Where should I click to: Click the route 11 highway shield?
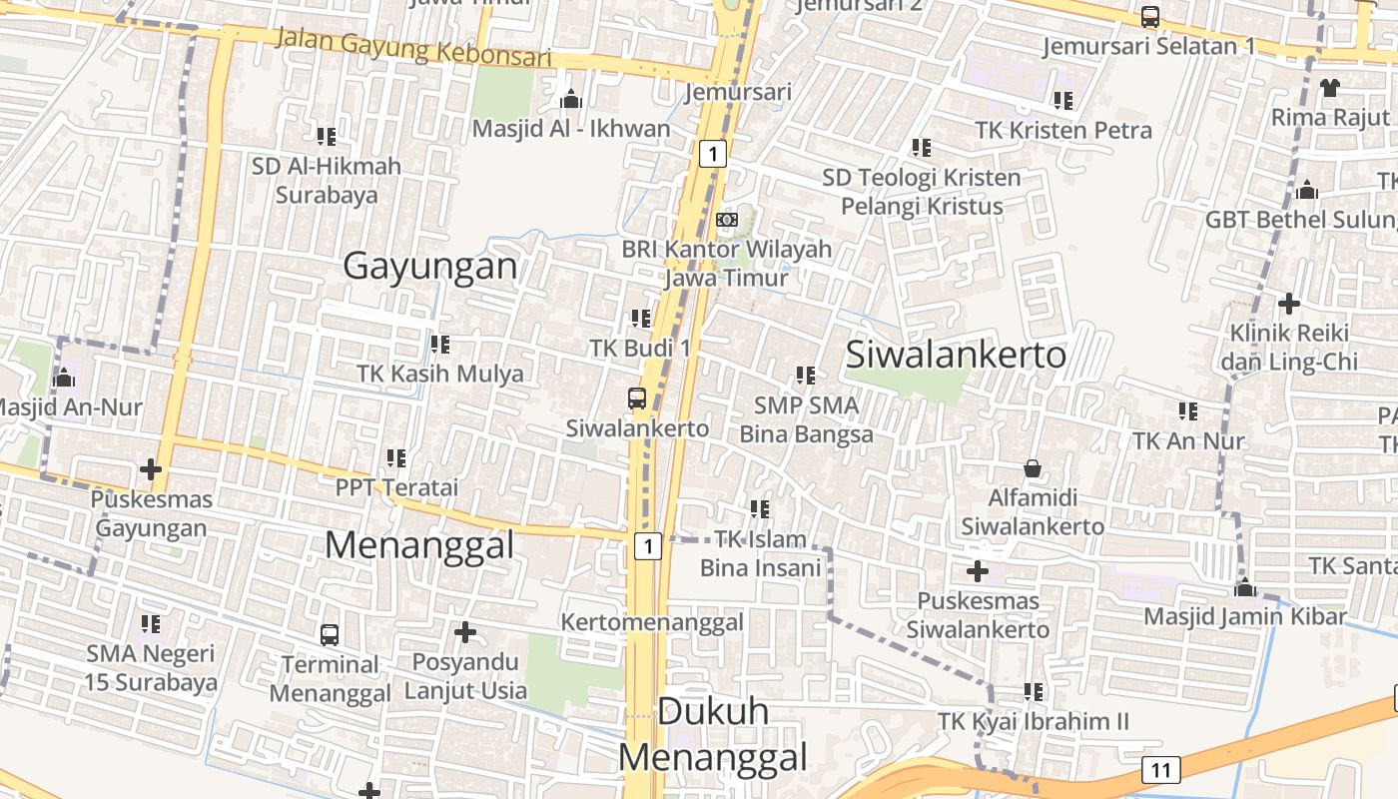[1159, 770]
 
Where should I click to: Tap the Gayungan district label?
[430, 267]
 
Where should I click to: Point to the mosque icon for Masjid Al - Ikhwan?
[571, 99]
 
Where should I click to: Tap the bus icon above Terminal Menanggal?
[330, 634]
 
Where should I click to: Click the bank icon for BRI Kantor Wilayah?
[727, 220]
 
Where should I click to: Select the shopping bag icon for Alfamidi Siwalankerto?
[1033, 467]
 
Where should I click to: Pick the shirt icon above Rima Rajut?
[1329, 87]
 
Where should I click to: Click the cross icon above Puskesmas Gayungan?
[151, 468]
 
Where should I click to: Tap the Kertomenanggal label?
[652, 622]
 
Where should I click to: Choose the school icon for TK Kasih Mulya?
[439, 345]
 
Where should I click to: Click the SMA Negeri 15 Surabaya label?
[151, 669]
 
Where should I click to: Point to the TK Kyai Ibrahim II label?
[1033, 721]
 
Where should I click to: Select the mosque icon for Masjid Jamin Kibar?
[1244, 586]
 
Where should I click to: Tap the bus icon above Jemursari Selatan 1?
[1150, 17]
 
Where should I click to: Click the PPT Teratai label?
[396, 487]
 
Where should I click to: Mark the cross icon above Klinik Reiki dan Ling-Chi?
[1289, 303]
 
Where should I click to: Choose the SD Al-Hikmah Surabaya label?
[327, 181]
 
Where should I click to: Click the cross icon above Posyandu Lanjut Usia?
[464, 632]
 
